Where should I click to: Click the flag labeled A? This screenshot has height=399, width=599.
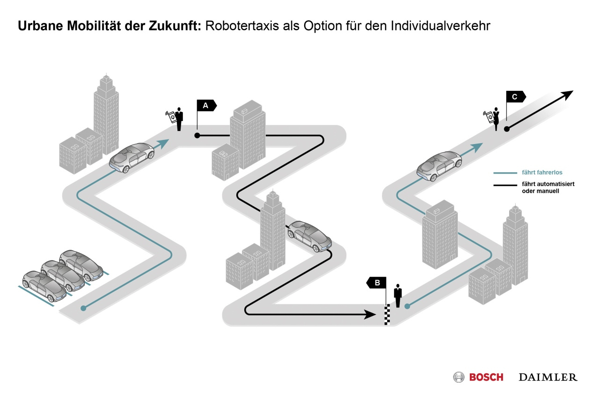pos(206,105)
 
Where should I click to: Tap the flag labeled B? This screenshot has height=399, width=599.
pos(377,283)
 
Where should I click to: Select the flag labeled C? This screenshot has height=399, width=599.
pos(515,97)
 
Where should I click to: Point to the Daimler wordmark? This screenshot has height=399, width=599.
pos(548,377)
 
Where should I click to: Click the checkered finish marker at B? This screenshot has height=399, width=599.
pos(387,314)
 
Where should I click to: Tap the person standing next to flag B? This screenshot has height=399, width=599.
pos(398,296)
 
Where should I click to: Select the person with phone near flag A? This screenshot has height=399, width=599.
pos(178,119)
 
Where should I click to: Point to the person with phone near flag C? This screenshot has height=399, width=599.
pos(496,118)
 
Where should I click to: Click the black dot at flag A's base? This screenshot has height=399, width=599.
pos(197,136)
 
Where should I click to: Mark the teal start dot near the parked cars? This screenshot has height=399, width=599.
pos(83,308)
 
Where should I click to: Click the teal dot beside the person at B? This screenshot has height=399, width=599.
pos(407,306)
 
